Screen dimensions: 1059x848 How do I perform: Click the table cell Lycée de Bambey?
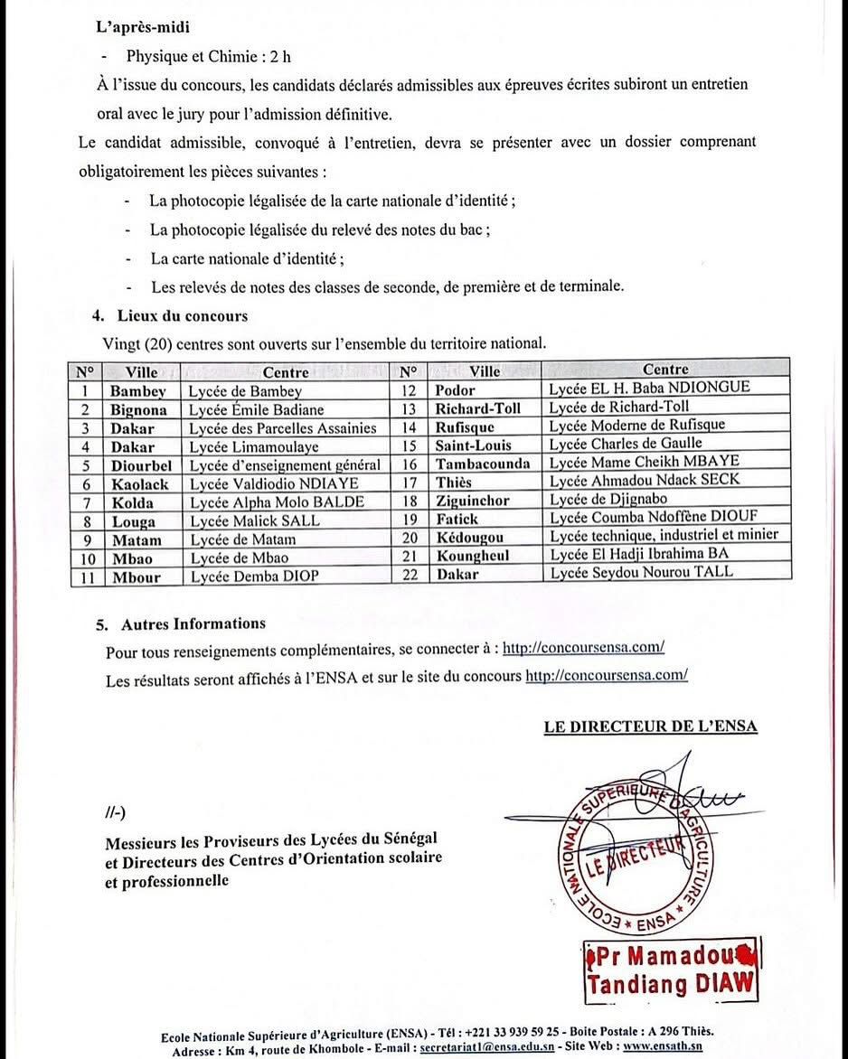pyautogui.click(x=245, y=391)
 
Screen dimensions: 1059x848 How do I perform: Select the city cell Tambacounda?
pyautogui.click(x=484, y=464)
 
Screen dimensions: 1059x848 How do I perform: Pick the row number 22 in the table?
pyautogui.click(x=410, y=573)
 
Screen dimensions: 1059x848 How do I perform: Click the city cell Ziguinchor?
pyautogui.click(x=471, y=501)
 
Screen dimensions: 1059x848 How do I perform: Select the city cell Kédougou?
pyautogui.click(x=470, y=537)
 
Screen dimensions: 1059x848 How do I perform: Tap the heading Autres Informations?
pyautogui.click(x=192, y=623)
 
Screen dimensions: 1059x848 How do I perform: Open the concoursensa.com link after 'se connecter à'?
pyautogui.click(x=584, y=648)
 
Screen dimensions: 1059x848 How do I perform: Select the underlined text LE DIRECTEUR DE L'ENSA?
pyautogui.click(x=650, y=726)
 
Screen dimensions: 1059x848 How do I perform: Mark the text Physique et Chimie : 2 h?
pyautogui.click(x=209, y=56)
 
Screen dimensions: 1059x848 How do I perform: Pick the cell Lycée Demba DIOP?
pyautogui.click(x=253, y=575)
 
